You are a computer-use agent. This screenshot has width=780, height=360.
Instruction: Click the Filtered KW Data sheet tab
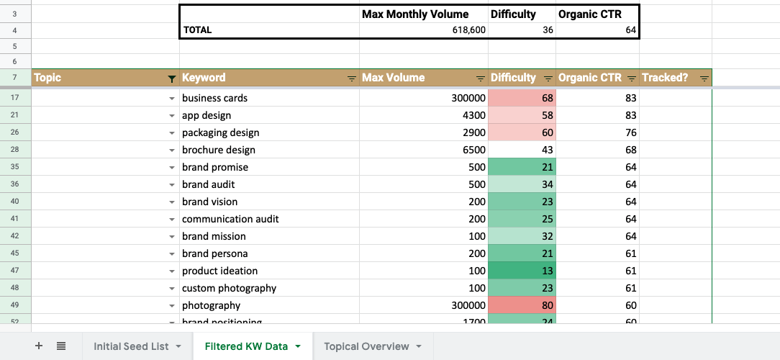click(246, 346)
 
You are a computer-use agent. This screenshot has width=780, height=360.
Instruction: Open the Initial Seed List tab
click(131, 346)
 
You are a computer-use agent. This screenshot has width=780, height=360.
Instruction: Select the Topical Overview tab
click(366, 346)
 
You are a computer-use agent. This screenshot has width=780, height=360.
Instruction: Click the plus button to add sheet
click(39, 346)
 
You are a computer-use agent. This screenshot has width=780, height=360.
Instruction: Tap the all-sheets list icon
click(61, 346)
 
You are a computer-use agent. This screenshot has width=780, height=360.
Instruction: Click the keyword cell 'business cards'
click(214, 98)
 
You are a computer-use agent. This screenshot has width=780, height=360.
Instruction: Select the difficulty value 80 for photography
click(521, 305)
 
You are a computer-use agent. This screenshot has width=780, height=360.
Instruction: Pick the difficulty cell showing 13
click(521, 271)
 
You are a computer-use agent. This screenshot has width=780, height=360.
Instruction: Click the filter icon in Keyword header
click(351, 78)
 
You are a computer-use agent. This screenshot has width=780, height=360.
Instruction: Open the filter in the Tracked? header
click(704, 78)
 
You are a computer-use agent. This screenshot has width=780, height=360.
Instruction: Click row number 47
click(15, 271)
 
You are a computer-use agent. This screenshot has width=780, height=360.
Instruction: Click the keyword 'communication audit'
click(230, 219)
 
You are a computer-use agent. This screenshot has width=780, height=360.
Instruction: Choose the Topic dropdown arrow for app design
click(171, 116)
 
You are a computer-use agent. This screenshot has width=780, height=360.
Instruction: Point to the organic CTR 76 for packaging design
click(597, 132)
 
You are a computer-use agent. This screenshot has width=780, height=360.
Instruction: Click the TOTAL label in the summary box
click(198, 30)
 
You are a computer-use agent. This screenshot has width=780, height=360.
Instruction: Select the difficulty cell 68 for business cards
click(521, 98)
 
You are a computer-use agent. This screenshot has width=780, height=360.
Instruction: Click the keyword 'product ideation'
click(219, 271)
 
